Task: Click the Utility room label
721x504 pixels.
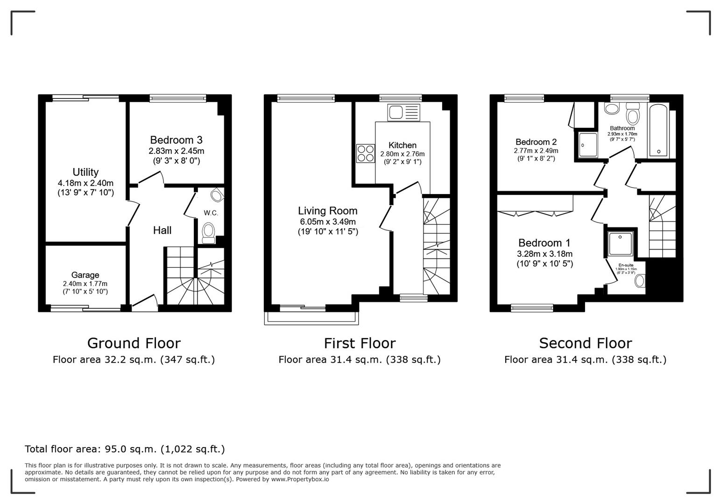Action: point(85,172)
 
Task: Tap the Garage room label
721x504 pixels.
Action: point(85,275)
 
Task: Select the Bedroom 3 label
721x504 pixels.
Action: point(176,140)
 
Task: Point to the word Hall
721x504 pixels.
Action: point(162,230)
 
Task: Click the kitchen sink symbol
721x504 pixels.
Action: point(404,112)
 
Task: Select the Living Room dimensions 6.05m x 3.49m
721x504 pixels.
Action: point(327,222)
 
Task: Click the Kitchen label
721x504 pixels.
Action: point(402,145)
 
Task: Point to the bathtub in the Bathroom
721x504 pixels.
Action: point(658,132)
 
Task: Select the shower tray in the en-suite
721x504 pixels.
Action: point(620,244)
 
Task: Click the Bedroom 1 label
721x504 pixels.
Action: point(544,243)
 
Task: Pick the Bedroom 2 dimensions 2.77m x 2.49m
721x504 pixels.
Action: point(536,151)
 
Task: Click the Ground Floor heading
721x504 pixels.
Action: point(134,343)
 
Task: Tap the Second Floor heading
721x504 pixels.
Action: point(585,343)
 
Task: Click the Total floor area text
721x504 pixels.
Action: point(125,449)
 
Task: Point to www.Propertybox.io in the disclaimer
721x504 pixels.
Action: point(300,479)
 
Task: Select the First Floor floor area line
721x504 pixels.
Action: point(360,359)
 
